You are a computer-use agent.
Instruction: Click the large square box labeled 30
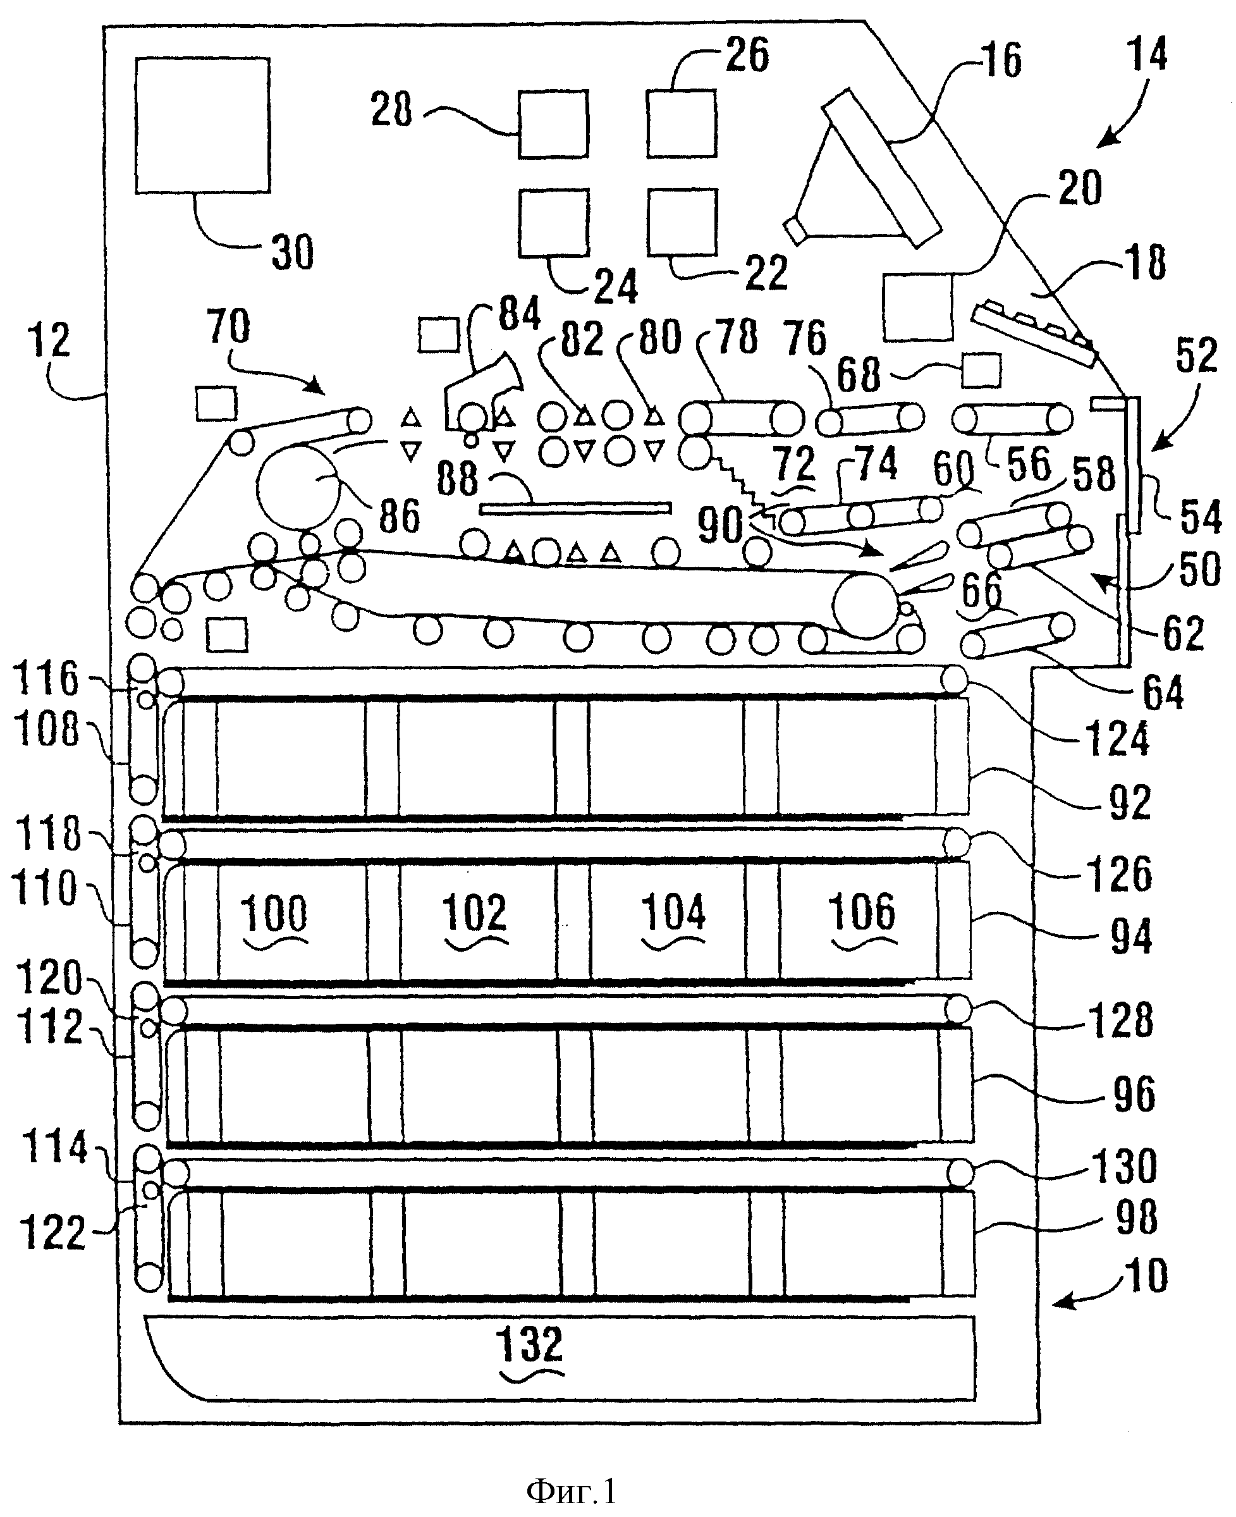click(x=203, y=125)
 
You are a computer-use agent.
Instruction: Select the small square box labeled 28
click(x=553, y=124)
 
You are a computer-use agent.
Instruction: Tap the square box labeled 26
click(x=682, y=123)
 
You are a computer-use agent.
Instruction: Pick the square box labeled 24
click(x=554, y=222)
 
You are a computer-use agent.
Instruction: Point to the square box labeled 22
click(x=682, y=221)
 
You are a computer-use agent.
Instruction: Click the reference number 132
click(x=530, y=1344)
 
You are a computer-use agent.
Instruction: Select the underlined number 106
click(x=862, y=912)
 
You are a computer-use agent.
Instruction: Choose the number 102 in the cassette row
click(x=475, y=912)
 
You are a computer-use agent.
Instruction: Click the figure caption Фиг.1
click(x=572, y=1490)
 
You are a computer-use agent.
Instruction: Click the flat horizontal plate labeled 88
click(x=575, y=508)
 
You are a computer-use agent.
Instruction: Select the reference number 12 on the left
click(x=49, y=340)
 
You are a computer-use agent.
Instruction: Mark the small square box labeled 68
click(x=981, y=370)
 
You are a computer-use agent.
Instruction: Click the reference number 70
click(x=228, y=327)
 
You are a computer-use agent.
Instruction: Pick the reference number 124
click(x=1117, y=739)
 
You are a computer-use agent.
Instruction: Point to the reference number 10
click(x=1147, y=1275)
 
